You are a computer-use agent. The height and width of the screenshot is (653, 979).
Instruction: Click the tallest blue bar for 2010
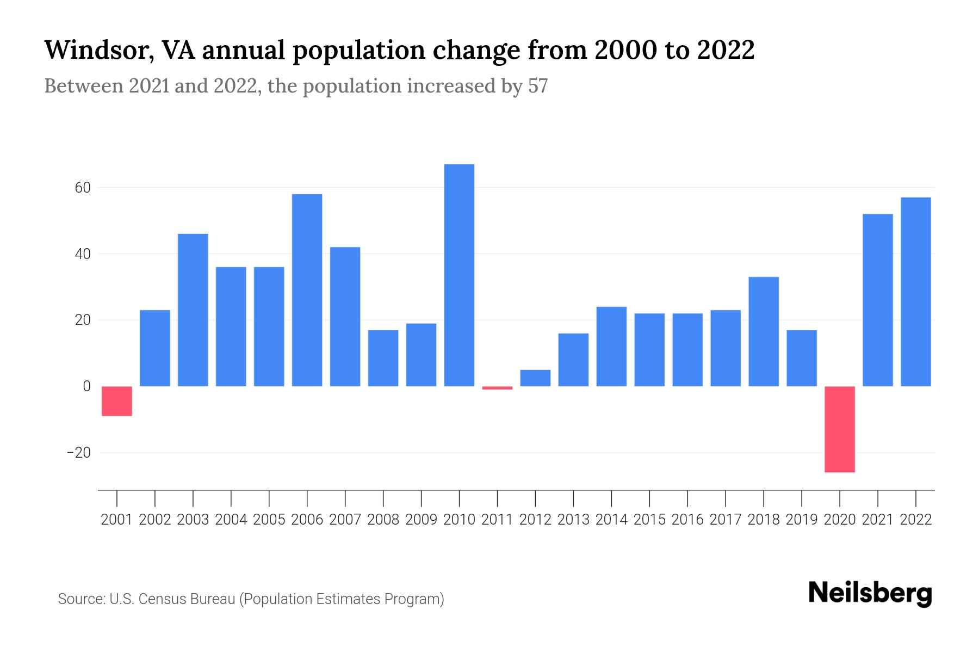click(459, 275)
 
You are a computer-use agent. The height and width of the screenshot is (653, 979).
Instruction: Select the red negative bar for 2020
click(839, 429)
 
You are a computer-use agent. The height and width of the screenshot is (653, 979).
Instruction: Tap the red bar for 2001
click(117, 401)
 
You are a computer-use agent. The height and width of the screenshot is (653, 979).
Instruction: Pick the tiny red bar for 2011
click(497, 388)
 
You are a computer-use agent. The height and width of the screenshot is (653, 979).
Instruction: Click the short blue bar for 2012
click(535, 378)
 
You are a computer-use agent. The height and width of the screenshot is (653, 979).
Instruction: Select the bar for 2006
click(307, 290)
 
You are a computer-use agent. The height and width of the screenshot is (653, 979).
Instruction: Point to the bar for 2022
click(915, 292)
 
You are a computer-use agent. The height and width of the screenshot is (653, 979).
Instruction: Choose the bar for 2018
click(763, 331)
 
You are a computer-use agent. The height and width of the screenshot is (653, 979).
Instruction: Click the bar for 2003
click(193, 310)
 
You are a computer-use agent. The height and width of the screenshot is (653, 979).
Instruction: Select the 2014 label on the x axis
click(611, 520)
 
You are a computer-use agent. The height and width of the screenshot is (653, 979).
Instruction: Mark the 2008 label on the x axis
click(383, 520)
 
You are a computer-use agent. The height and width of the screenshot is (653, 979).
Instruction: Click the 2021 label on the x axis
click(877, 520)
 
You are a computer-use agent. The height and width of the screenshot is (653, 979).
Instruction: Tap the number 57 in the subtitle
click(537, 86)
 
